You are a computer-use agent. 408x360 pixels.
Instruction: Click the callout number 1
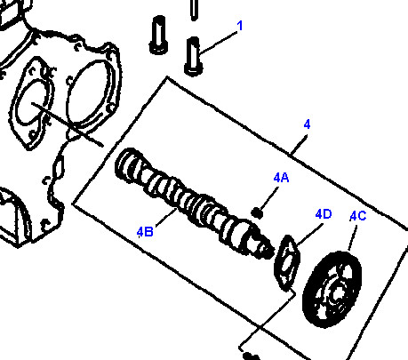click(240, 26)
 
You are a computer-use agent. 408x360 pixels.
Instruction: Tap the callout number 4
click(307, 124)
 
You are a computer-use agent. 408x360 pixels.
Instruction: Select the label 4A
click(281, 178)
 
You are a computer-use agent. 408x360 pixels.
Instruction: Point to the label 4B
click(145, 232)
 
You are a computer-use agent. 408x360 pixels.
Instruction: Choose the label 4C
click(358, 216)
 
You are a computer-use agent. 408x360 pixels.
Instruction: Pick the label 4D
click(324, 214)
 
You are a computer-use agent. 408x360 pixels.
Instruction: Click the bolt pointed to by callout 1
click(194, 57)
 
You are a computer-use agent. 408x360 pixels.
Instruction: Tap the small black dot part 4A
click(257, 213)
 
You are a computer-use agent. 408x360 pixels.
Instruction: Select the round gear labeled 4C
click(332, 290)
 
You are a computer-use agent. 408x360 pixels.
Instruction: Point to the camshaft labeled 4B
click(194, 203)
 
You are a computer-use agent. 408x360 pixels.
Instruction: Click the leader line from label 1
click(219, 43)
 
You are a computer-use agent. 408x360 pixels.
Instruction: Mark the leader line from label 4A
click(269, 197)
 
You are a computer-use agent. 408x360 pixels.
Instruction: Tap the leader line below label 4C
click(353, 238)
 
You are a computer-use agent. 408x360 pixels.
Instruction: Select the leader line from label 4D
click(310, 235)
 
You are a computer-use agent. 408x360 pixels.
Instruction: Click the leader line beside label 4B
click(166, 218)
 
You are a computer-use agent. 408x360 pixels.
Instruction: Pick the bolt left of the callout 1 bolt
click(159, 35)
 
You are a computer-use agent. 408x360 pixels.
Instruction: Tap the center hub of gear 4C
click(336, 293)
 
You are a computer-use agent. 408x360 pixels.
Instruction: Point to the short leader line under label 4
click(299, 145)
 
